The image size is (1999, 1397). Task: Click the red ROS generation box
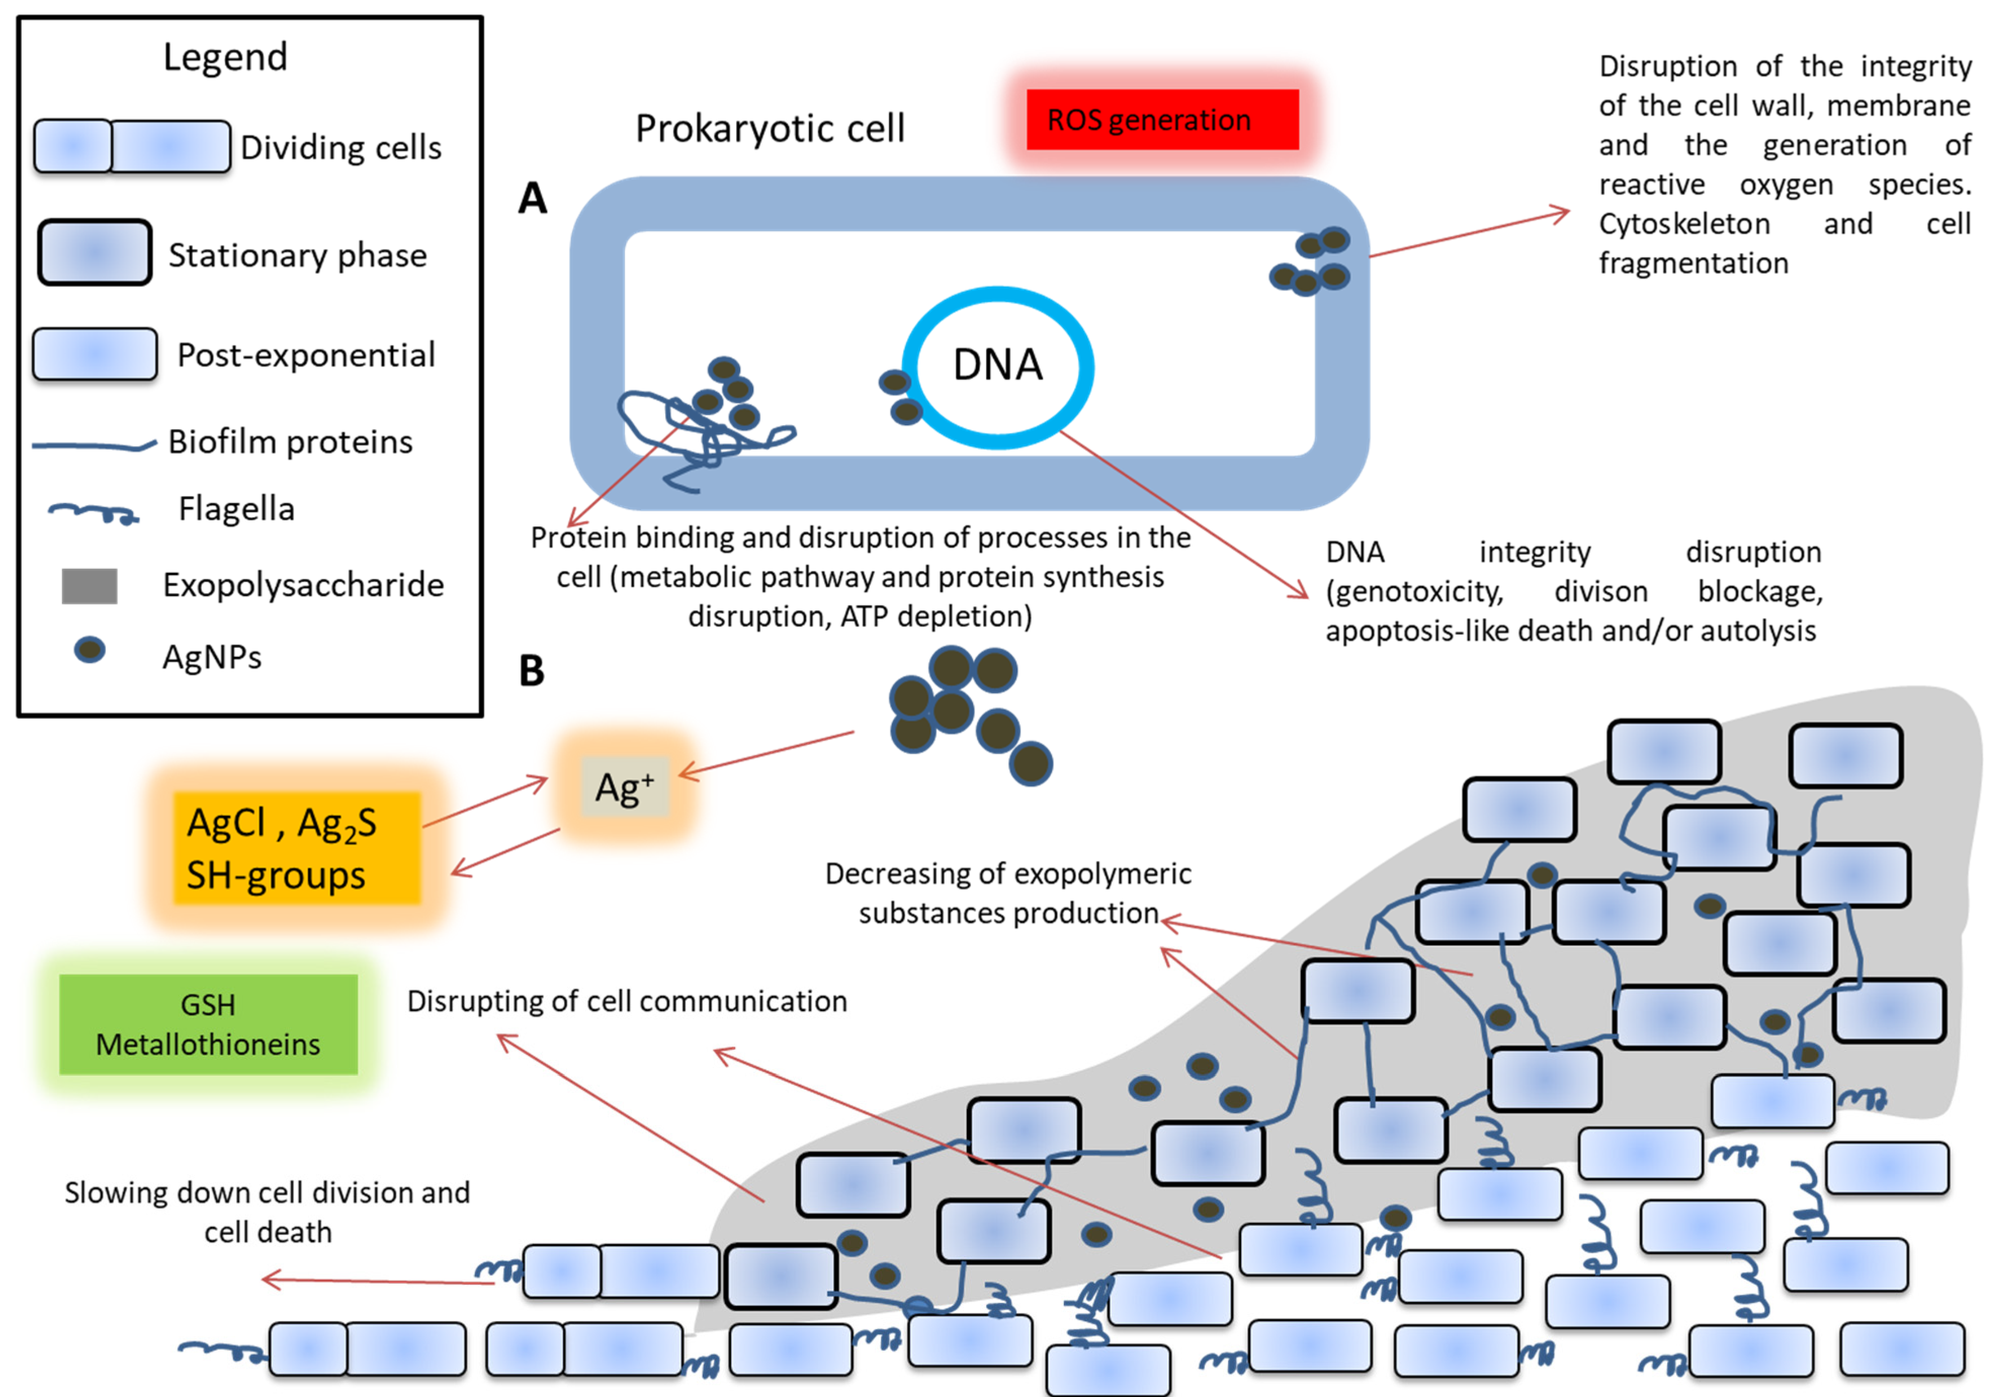[1162, 119]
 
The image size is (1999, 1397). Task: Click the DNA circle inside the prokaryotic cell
[998, 366]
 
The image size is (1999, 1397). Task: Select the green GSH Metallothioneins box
[208, 1024]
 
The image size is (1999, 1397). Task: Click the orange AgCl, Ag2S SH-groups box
[296, 847]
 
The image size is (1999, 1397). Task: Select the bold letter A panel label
[532, 198]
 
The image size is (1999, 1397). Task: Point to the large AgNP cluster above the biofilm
[966, 710]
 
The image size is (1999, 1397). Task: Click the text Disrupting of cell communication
[627, 1002]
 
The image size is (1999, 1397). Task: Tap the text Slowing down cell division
[267, 1193]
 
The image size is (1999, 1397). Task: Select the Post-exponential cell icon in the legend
[95, 354]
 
